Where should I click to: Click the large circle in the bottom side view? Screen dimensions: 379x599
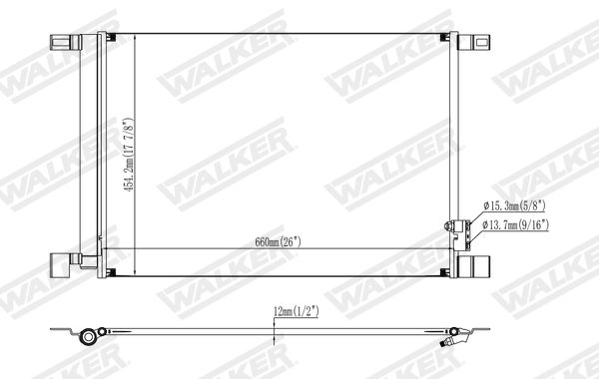point(90,335)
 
